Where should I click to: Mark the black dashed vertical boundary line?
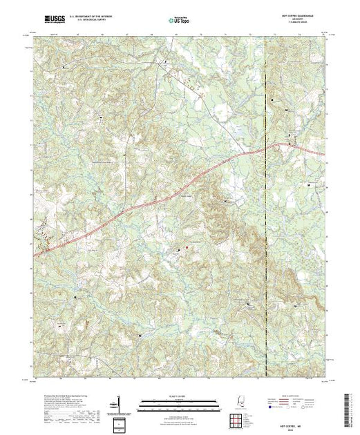(265, 207)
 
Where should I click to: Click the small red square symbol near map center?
(186, 246)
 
